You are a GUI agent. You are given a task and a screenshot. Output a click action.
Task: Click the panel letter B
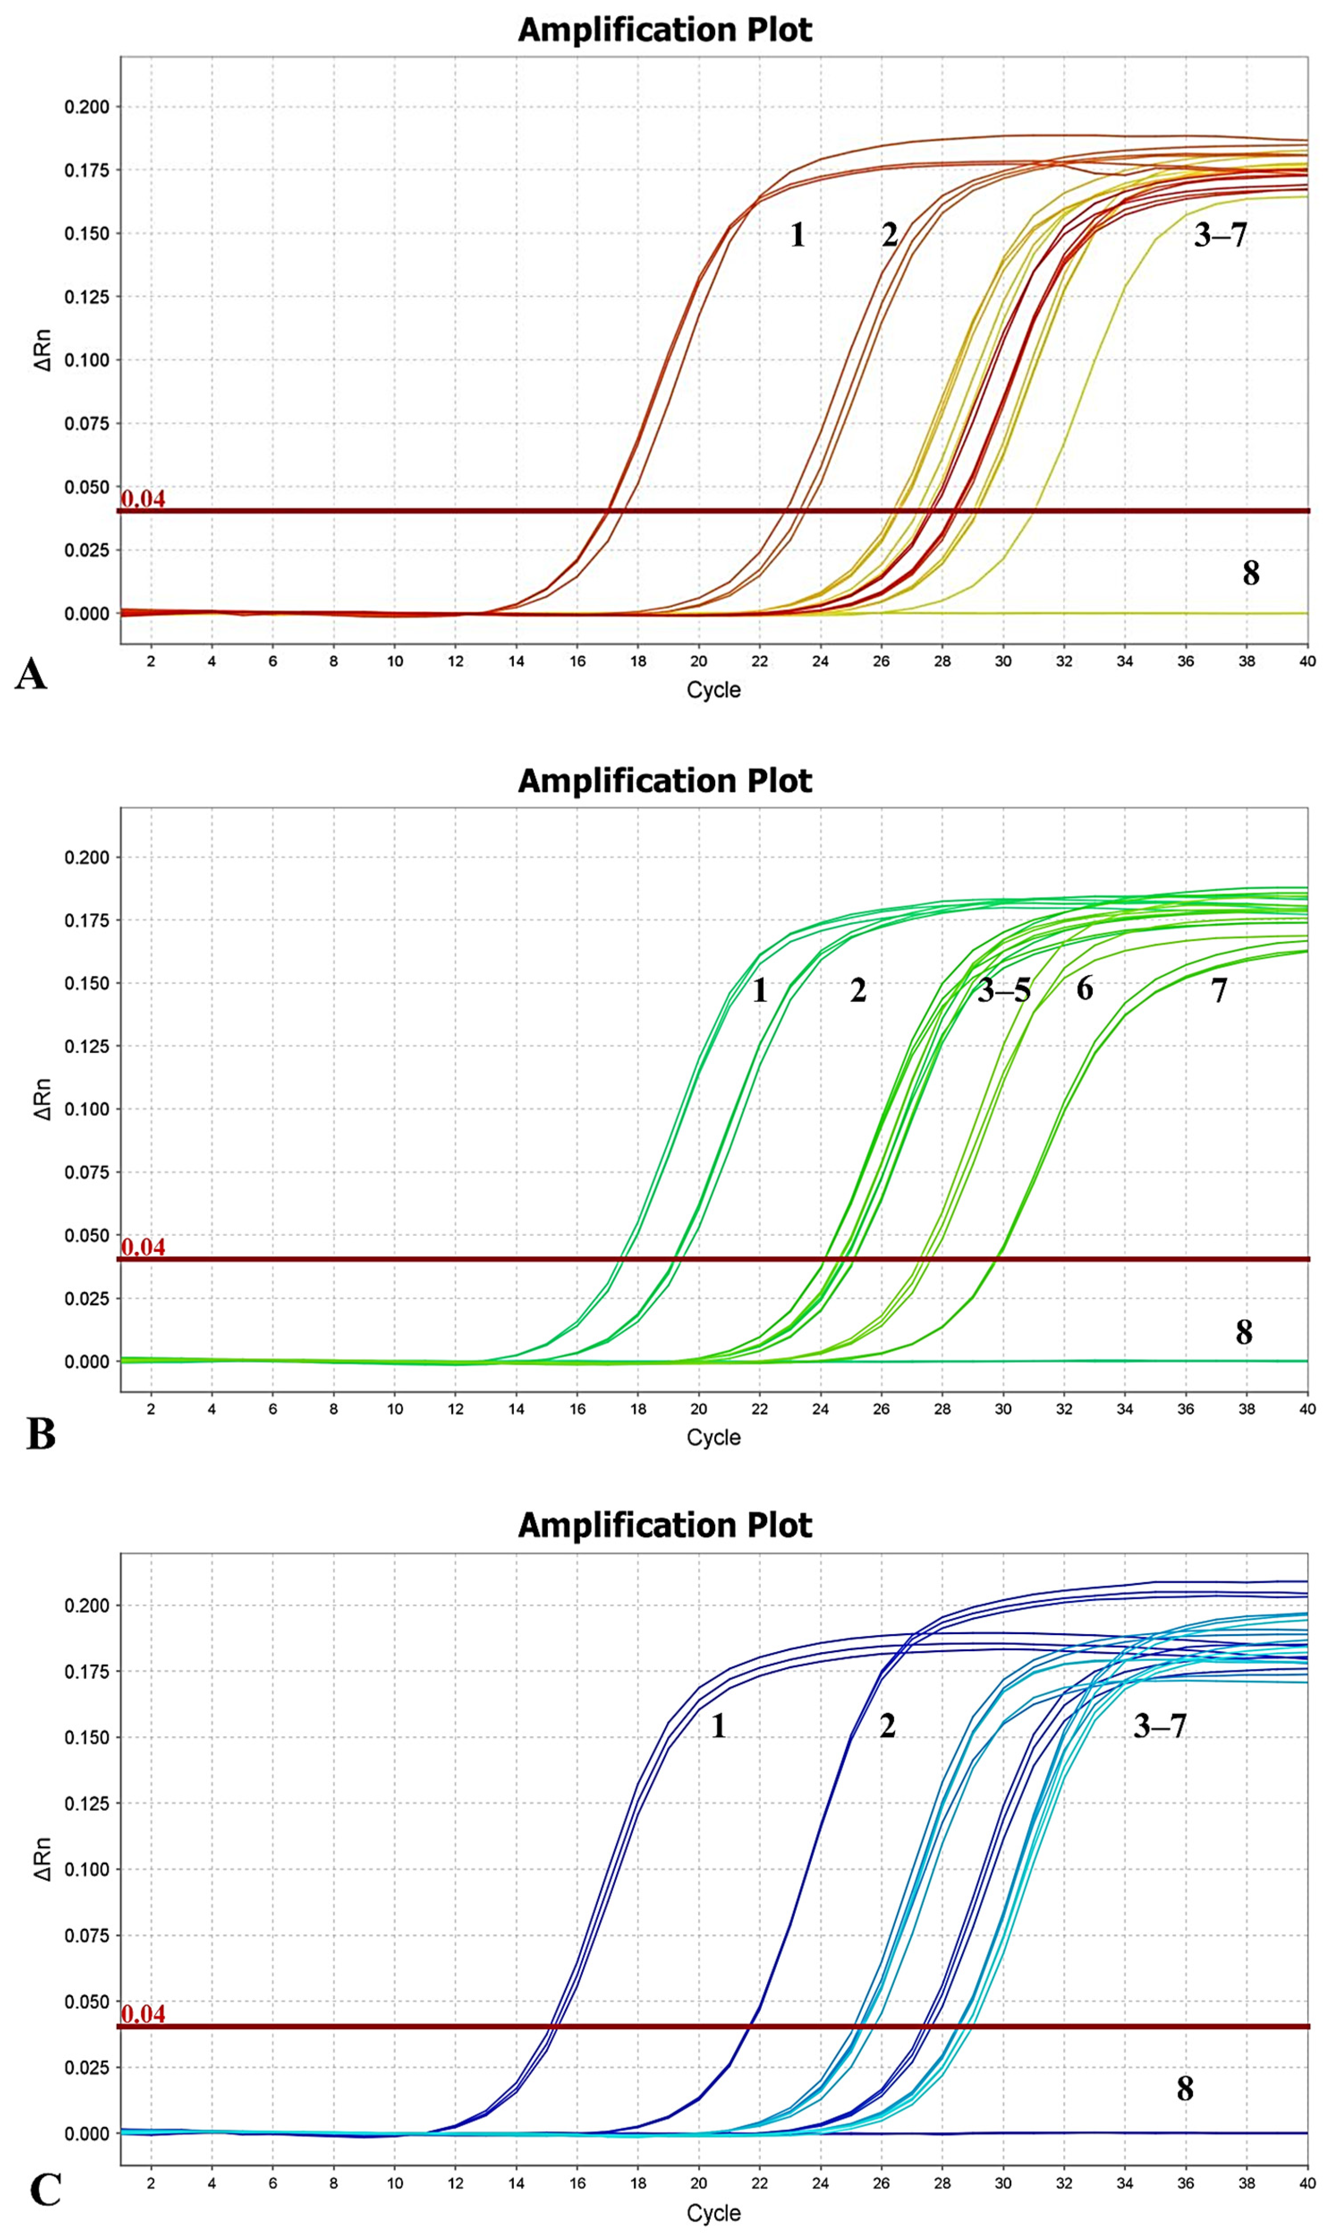point(41,1433)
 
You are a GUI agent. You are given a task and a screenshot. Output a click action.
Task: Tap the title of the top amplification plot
point(665,30)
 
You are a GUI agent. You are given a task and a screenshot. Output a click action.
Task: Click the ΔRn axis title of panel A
point(42,350)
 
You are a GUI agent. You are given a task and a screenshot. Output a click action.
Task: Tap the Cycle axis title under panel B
point(713,1437)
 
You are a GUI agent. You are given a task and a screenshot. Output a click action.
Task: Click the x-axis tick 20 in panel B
point(698,1409)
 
